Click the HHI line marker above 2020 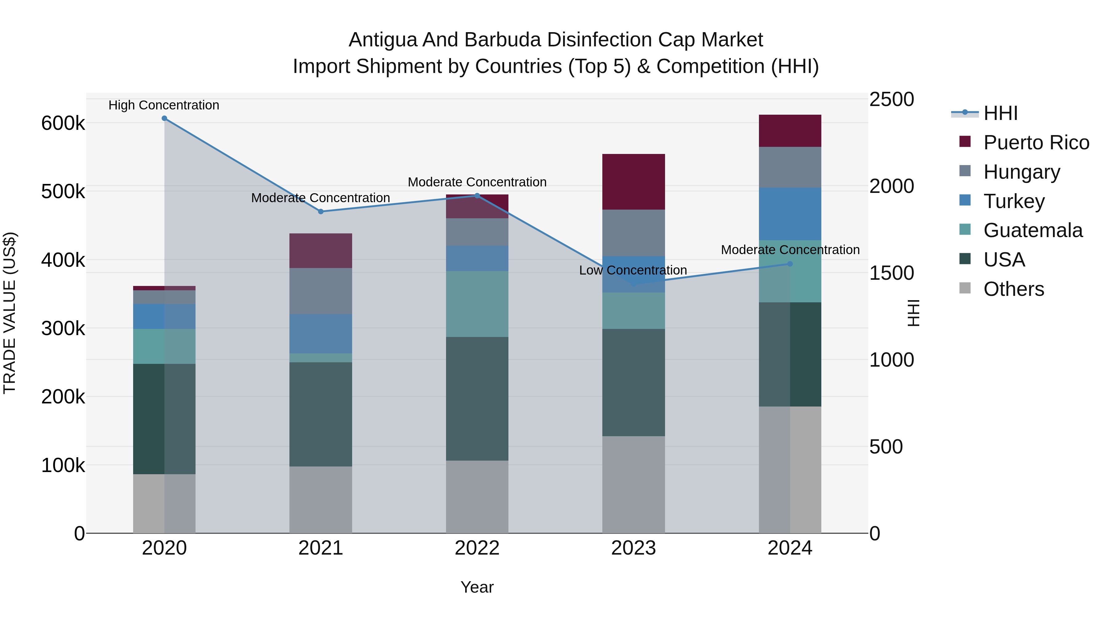click(164, 118)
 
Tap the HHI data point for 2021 click(321, 212)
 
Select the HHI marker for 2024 click(790, 264)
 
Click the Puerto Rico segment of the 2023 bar click(633, 182)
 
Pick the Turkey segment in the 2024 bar click(790, 214)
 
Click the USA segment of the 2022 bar click(477, 398)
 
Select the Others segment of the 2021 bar click(321, 500)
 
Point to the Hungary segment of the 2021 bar click(321, 291)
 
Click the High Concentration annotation click(164, 105)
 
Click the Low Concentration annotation click(633, 270)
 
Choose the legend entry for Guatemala click(1033, 230)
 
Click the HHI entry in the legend click(1000, 113)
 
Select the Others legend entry click(1013, 289)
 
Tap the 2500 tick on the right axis click(891, 99)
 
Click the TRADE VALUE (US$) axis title click(10, 313)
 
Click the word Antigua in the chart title click(382, 40)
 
